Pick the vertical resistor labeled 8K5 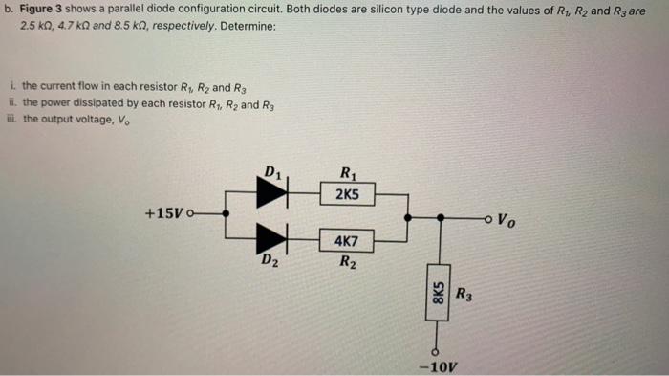point(439,291)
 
